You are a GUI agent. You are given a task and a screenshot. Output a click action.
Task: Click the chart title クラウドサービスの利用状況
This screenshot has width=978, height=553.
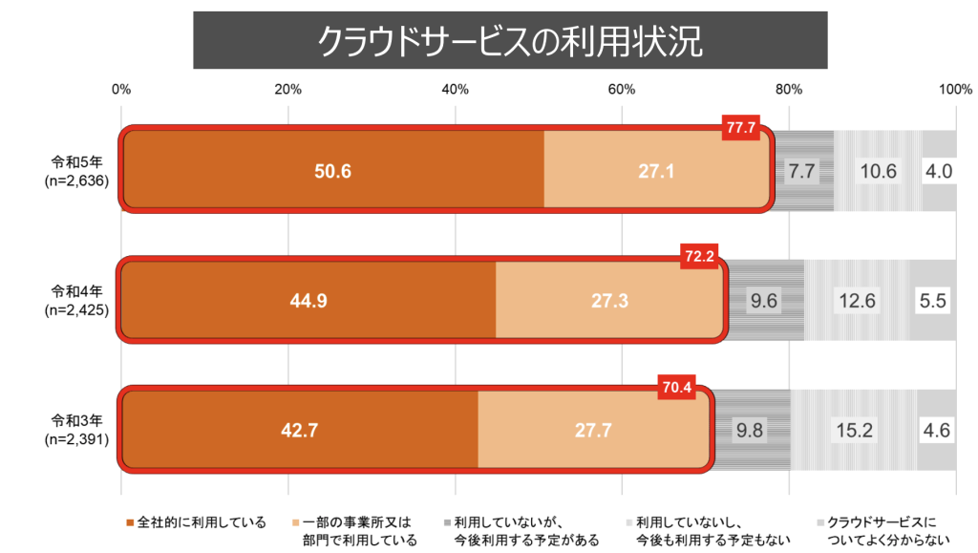click(x=510, y=40)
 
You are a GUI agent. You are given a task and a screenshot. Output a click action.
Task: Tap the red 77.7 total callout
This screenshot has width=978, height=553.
click(x=741, y=126)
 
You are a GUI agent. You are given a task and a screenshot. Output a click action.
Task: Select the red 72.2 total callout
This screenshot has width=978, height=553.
click(x=699, y=256)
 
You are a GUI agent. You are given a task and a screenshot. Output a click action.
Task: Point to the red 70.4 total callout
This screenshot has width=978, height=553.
click(x=676, y=387)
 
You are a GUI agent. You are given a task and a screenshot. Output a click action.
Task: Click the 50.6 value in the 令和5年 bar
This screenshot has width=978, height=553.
click(x=333, y=171)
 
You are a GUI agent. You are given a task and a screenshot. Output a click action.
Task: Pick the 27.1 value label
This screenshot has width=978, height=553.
click(x=657, y=171)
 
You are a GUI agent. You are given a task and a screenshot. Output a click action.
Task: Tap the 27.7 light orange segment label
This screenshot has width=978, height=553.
click(x=593, y=431)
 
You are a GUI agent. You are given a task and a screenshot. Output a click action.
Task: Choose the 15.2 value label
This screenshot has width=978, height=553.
click(x=854, y=431)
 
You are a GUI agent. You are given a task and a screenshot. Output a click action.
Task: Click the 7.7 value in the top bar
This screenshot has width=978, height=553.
click(x=799, y=171)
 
